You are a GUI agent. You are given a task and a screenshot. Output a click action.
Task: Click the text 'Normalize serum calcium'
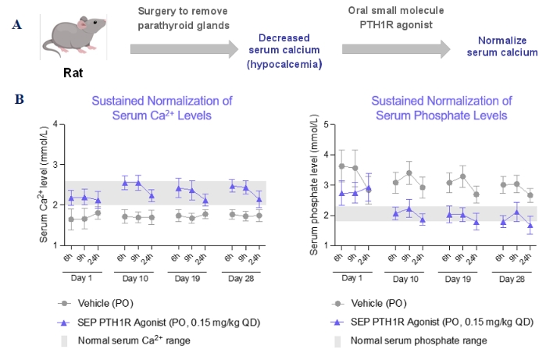(x=508, y=46)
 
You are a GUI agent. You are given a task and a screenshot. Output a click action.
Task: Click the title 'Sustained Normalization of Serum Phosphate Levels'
(x=441, y=107)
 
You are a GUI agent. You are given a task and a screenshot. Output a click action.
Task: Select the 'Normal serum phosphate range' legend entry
(x=419, y=340)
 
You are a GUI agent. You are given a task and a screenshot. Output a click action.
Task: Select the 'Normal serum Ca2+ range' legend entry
(x=131, y=340)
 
